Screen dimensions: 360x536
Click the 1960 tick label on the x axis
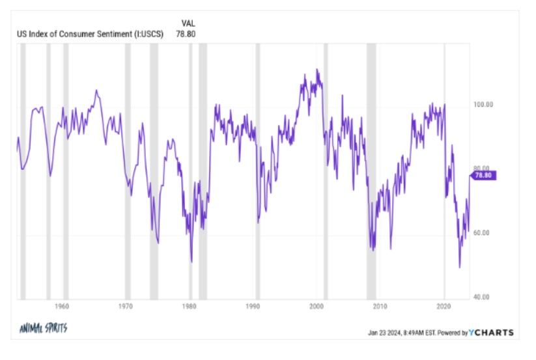coord(63,306)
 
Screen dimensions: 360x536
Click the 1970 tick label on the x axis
coord(126,306)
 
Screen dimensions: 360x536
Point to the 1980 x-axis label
coord(190,306)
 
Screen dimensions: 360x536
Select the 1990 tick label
coord(253,306)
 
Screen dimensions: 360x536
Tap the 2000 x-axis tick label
coord(317,306)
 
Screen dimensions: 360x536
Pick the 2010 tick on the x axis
coord(380,306)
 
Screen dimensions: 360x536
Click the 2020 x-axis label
coord(444,306)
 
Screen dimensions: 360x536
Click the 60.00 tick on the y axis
coord(483,233)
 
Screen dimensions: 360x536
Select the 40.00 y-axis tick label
coord(483,297)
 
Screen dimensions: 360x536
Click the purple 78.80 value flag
coord(484,175)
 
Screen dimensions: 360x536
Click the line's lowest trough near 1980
coord(191,262)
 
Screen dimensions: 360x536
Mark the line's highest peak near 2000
coord(317,69)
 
